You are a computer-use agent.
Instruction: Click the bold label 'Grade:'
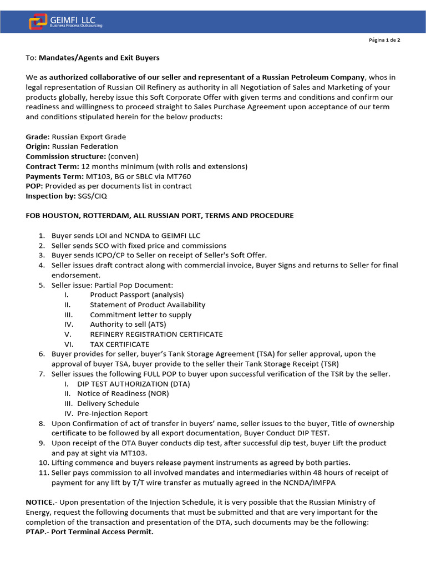coord(38,137)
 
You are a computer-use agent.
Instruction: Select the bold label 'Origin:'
coord(38,146)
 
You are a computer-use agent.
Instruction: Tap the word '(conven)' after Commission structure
coord(123,156)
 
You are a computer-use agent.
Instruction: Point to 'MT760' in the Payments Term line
coord(179,176)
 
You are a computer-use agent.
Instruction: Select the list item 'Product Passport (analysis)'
coord(136,295)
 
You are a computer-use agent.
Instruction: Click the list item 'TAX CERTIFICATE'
coord(119,344)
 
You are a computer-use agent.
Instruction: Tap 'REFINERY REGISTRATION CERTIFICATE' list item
coord(156,334)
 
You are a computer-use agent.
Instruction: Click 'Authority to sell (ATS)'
coord(128,324)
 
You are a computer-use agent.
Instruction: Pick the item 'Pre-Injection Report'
coord(112,413)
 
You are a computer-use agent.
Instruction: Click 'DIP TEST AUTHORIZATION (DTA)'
coord(133,384)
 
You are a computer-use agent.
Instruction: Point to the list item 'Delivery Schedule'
coord(108,403)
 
